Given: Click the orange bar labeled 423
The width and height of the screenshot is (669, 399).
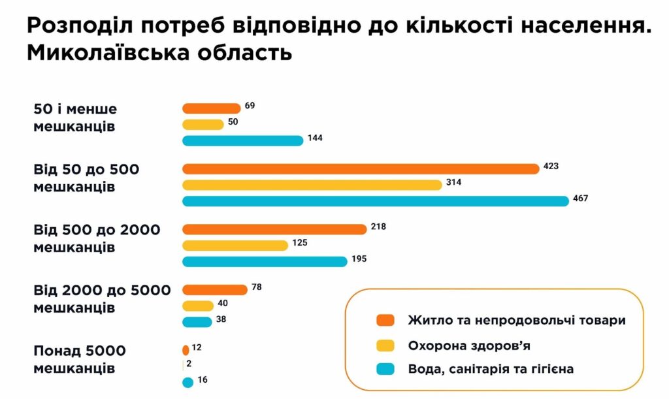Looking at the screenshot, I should pyautogui.click(x=361, y=168).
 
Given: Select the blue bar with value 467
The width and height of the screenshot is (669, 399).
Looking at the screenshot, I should pyautogui.click(x=376, y=200).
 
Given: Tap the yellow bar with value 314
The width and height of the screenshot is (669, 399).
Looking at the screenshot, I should pyautogui.click(x=312, y=185).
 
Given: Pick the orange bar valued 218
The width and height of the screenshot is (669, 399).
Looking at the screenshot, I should pyautogui.click(x=274, y=229).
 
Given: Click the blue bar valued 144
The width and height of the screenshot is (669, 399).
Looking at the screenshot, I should pyautogui.click(x=242, y=140).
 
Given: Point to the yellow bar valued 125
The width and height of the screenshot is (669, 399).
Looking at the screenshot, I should pyautogui.click(x=235, y=245).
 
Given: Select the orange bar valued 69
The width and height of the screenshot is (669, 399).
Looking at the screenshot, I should pyautogui.click(x=211, y=108).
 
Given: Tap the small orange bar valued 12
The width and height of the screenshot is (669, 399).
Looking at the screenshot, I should pyautogui.click(x=186, y=350).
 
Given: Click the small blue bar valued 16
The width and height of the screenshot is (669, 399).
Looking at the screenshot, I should pyautogui.click(x=188, y=382).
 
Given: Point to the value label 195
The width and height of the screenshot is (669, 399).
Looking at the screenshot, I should pyautogui.click(x=359, y=259).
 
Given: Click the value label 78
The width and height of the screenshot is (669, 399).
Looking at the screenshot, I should pyautogui.click(x=256, y=287).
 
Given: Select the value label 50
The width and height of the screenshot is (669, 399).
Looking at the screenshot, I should pyautogui.click(x=233, y=122).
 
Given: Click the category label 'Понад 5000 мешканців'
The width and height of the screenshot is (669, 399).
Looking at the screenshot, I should pyautogui.click(x=79, y=360).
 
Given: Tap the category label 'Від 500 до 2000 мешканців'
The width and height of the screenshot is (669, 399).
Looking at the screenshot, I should pyautogui.click(x=96, y=238).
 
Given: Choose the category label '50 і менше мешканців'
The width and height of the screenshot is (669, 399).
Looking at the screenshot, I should pyautogui.click(x=74, y=118).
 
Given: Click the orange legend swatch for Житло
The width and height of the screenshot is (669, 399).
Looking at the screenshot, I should pyautogui.click(x=386, y=321).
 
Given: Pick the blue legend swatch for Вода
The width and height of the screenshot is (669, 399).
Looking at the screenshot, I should pyautogui.click(x=386, y=370).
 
